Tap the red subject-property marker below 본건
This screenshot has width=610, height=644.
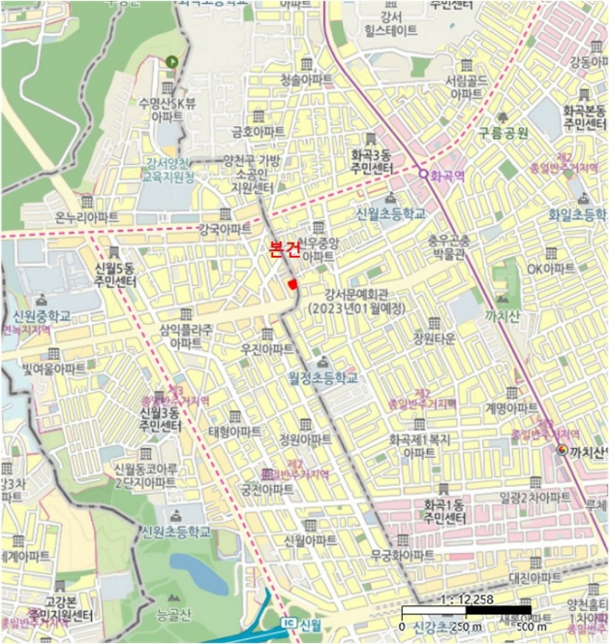pyautogui.click(x=293, y=284)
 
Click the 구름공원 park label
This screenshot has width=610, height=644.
pyautogui.click(x=503, y=132)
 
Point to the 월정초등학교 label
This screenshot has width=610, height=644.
pyautogui.click(x=321, y=377)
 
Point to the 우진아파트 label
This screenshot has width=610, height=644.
pyautogui.click(x=267, y=349)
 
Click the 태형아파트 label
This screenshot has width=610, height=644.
pyautogui.click(x=234, y=431)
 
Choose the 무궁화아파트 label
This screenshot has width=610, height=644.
pyautogui.click(x=402, y=556)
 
